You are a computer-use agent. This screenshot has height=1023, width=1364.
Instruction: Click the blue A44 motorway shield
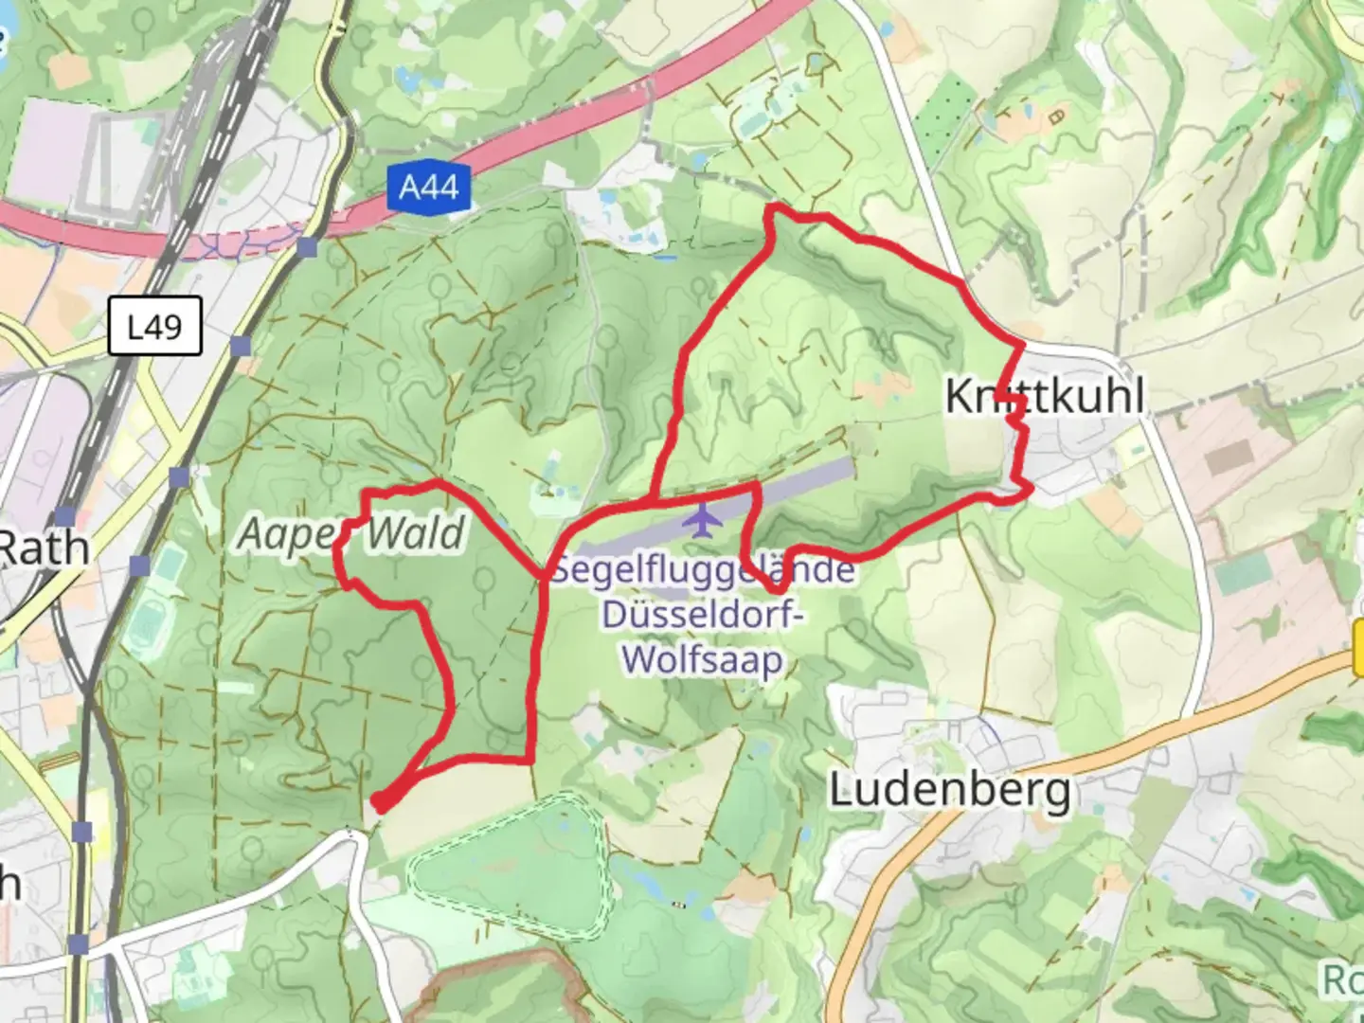pyautogui.click(x=429, y=187)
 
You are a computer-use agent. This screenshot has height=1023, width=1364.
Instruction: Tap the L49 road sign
pyautogui.click(x=154, y=327)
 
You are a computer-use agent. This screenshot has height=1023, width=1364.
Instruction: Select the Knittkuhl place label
pyautogui.click(x=1045, y=396)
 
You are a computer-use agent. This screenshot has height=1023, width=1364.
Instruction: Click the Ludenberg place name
pyautogui.click(x=950, y=790)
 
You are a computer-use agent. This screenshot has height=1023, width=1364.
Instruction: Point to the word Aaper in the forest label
pyautogui.click(x=287, y=534)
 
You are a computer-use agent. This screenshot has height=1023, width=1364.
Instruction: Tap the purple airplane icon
pyautogui.click(x=702, y=520)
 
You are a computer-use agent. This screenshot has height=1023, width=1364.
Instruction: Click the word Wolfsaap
pyautogui.click(x=703, y=658)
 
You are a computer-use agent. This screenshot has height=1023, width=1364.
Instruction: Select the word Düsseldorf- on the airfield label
pyautogui.click(x=703, y=614)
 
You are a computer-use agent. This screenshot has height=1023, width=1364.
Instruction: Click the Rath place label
pyautogui.click(x=43, y=547)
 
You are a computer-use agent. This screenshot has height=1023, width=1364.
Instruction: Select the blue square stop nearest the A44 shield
pyautogui.click(x=307, y=248)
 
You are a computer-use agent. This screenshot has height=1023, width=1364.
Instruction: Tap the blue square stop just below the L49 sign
pyautogui.click(x=241, y=347)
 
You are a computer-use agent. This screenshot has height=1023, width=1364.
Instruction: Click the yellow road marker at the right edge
pyautogui.click(x=1358, y=650)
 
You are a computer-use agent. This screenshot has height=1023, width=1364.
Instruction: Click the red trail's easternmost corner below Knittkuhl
pyautogui.click(x=1030, y=487)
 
